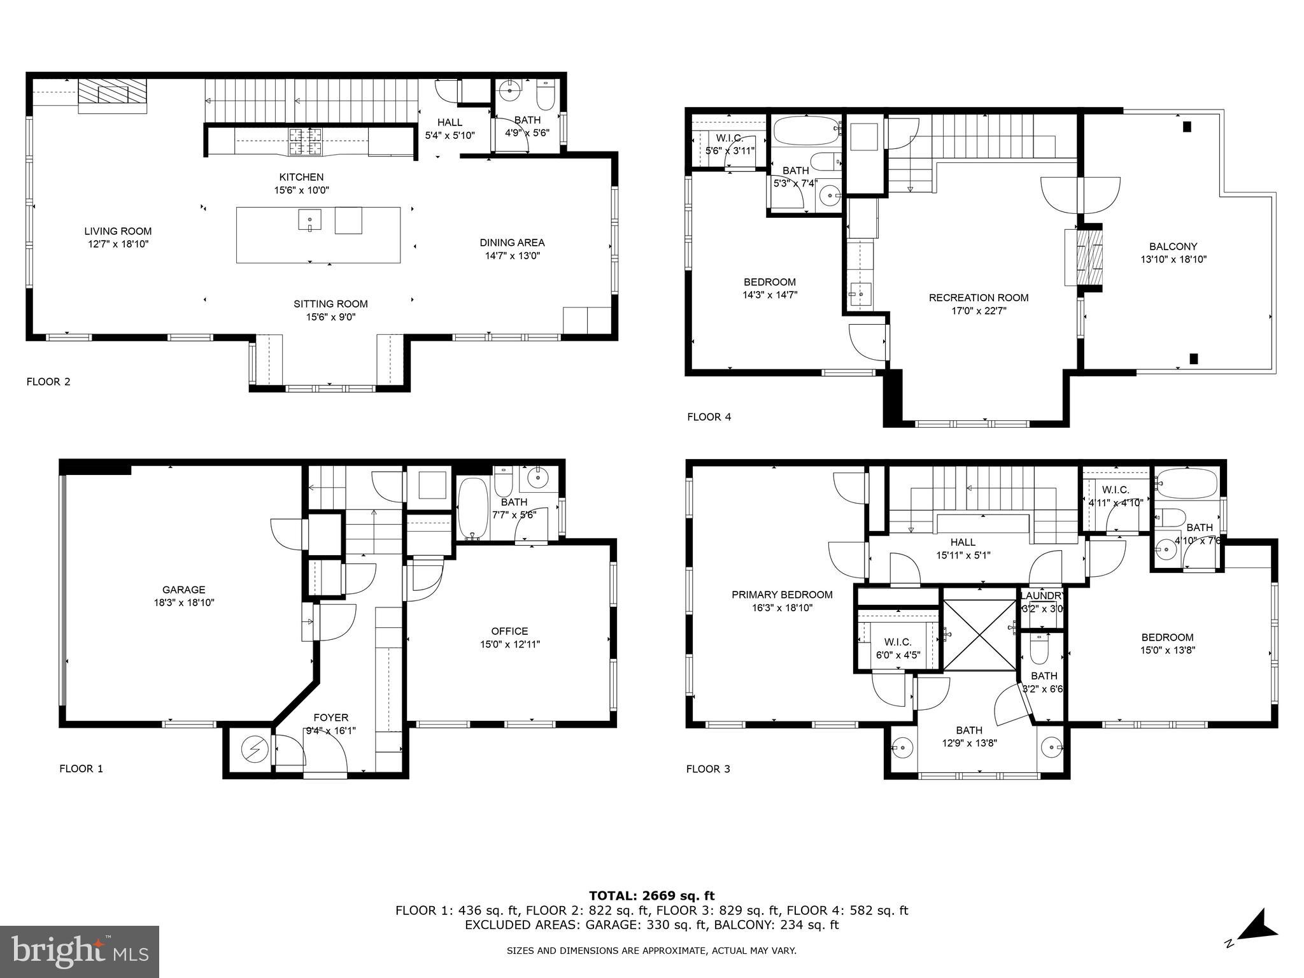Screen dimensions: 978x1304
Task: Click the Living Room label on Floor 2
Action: pos(118,232)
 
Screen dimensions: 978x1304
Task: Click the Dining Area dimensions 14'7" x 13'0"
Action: pos(513,256)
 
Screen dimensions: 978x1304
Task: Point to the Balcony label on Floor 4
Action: pos(1173,246)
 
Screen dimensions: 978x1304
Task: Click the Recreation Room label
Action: pos(978,298)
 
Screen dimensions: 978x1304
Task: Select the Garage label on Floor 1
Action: pos(183,590)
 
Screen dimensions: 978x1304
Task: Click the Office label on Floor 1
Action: pos(509,631)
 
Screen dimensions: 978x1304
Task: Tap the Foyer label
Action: pos(330,718)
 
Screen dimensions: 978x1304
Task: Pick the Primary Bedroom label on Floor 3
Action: pos(781,595)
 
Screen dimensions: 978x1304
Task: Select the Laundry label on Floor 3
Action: pos(1042,596)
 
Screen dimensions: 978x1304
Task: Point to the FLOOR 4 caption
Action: pos(709,417)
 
